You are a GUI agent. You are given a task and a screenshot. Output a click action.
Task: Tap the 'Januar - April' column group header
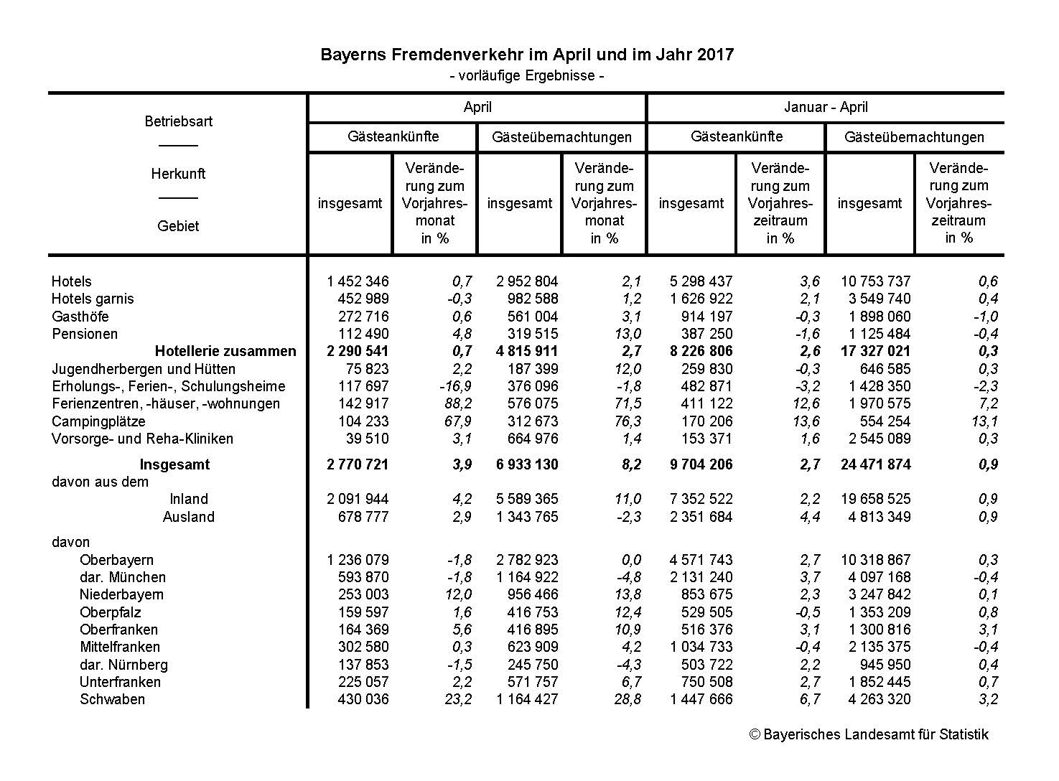pyautogui.click(x=826, y=108)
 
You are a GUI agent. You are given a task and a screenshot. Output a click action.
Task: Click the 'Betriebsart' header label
pyautogui.click(x=178, y=121)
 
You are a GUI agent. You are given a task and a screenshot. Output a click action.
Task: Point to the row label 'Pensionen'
pyautogui.click(x=85, y=334)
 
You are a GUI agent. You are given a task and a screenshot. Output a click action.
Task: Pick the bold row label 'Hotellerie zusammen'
pyautogui.click(x=225, y=351)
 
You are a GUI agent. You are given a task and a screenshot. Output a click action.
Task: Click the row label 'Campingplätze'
pyautogui.click(x=98, y=421)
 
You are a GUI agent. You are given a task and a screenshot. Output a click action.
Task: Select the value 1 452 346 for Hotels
pyautogui.click(x=358, y=281)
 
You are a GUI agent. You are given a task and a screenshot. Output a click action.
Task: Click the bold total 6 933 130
pyautogui.click(x=527, y=464)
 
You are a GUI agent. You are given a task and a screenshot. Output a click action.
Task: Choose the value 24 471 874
pyautogui.click(x=875, y=464)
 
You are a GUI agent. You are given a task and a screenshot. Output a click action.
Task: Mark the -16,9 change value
pyautogui.click(x=455, y=386)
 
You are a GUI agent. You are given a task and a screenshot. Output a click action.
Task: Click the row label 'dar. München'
pyautogui.click(x=123, y=577)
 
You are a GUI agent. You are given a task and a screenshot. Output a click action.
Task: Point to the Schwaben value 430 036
pyautogui.click(x=363, y=699)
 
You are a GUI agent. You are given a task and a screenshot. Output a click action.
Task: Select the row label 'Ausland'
pyautogui.click(x=189, y=517)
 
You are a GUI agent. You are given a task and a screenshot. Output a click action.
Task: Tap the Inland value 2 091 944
pyautogui.click(x=358, y=499)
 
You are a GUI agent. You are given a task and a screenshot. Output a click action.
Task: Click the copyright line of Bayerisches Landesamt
pyautogui.click(x=869, y=734)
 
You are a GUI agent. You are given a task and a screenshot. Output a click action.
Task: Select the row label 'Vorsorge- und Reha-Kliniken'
pyautogui.click(x=142, y=439)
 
